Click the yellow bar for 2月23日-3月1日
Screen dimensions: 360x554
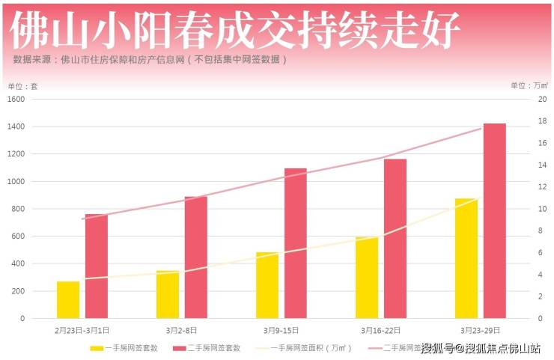[68, 299]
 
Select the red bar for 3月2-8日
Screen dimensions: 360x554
[195, 257]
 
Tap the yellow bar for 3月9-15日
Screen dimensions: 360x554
[267, 285]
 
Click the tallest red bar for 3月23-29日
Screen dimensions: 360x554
[494, 221]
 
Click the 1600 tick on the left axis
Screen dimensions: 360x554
[16, 100]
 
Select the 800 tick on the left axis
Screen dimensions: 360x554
[18, 209]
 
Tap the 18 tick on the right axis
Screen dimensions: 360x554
[541, 121]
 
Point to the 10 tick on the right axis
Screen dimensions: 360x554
[541, 209]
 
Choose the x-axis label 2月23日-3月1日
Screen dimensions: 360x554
[82, 330]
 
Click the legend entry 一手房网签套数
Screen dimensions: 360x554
[124, 348]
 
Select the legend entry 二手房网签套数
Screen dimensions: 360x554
[207, 348]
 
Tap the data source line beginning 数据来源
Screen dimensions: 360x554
[150, 59]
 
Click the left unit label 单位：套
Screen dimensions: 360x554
[22, 86]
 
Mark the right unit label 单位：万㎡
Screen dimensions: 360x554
[529, 86]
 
